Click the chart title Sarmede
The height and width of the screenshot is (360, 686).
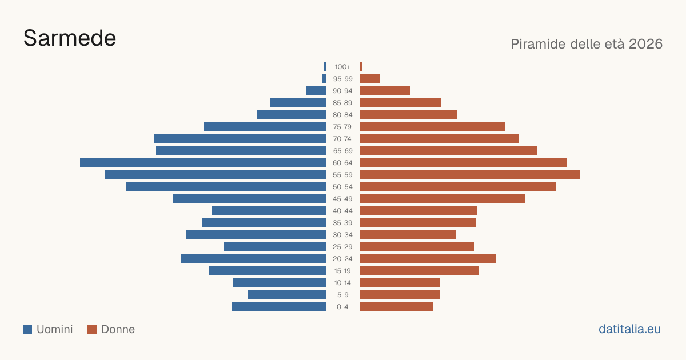pos(70,38)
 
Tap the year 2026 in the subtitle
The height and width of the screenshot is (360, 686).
pos(645,44)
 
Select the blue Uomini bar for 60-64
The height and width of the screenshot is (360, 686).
pos(203,162)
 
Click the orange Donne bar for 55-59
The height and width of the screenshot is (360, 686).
pos(470,174)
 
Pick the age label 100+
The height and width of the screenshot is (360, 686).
pos(342,67)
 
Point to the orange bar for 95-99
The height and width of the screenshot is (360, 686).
pos(370,79)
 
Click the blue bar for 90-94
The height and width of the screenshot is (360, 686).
pos(316,91)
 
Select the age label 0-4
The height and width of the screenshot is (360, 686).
pos(342,307)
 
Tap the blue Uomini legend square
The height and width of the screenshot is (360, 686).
pos(27,329)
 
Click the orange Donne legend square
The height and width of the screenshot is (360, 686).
pos(92,329)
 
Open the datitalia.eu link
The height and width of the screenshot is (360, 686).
pos(629,329)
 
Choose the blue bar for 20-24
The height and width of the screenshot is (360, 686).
pos(253,259)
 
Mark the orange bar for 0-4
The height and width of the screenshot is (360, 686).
pos(396,307)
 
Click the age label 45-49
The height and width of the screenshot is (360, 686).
pos(342,199)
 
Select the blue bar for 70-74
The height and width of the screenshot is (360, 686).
pos(240,139)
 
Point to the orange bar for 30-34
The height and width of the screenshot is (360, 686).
pos(408,235)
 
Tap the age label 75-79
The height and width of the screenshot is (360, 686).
pos(342,127)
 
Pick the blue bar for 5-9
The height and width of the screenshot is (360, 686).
pos(287,295)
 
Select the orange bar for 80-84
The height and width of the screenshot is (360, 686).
pos(409,115)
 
